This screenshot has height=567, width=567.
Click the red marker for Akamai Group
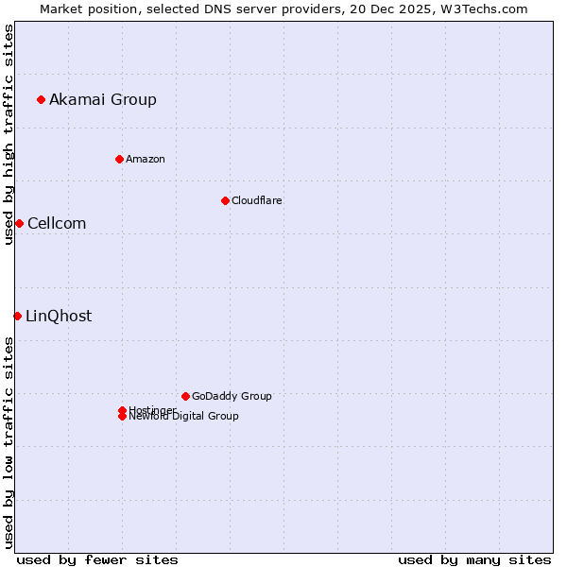point(41,99)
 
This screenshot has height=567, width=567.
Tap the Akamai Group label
point(103,99)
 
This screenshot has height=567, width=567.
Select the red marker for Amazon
point(119,159)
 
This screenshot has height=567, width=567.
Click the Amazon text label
point(146,159)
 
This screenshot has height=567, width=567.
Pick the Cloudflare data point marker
point(225,200)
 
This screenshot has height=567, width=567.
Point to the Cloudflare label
point(257,200)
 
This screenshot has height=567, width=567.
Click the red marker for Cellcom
point(19,223)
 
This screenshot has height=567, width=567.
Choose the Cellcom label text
point(57,223)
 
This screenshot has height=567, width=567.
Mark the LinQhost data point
point(17,316)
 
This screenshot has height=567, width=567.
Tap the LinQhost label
point(59,316)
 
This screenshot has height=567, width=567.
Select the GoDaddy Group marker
point(185,396)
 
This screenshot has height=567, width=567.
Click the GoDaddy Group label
point(232,396)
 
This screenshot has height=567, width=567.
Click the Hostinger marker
point(122,410)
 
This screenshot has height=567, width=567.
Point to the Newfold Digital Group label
point(184,417)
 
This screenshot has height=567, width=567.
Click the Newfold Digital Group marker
point(122,417)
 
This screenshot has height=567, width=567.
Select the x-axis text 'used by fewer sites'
point(97,559)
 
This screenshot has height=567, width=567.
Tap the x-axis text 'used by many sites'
point(474,559)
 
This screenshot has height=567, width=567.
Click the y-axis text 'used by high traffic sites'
point(9,135)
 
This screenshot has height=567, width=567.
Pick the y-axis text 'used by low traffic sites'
point(9,442)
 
